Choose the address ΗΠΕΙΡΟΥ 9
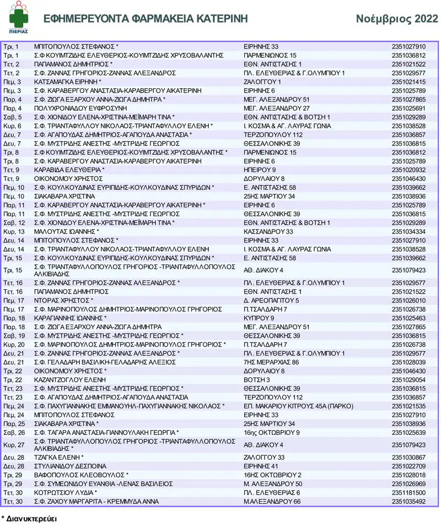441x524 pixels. (x=259, y=170)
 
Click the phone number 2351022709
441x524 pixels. (x=408, y=466)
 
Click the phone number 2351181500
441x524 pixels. (x=408, y=493)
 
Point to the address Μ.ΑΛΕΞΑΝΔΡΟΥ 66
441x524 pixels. (x=272, y=501)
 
